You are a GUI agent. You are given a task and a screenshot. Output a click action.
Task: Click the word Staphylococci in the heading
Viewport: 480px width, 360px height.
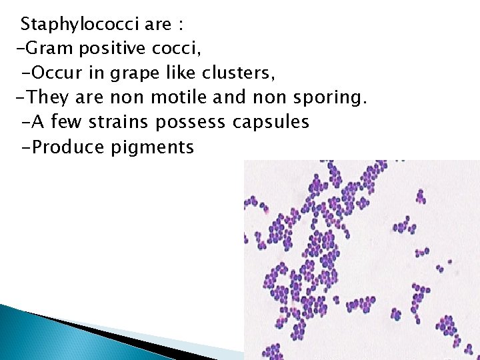[81, 25]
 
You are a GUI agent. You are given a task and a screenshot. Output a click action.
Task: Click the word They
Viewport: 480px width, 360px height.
[50, 98]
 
